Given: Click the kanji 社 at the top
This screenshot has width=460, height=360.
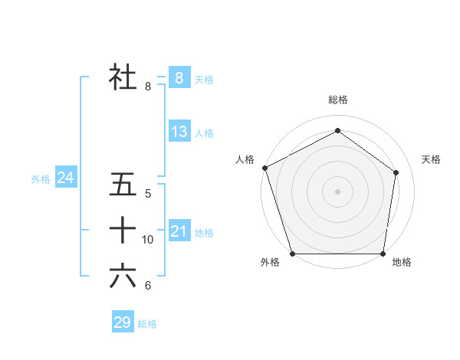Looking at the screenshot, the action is pyautogui.click(x=123, y=77).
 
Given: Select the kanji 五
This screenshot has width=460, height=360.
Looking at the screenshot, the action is pyautogui.click(x=123, y=185).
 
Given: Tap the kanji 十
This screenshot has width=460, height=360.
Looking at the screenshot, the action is pyautogui.click(x=123, y=231).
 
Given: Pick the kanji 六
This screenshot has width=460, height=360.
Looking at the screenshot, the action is pyautogui.click(x=123, y=277).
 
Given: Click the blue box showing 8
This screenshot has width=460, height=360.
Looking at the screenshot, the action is pyautogui.click(x=179, y=77).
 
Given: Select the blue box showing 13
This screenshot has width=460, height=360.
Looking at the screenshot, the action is pyautogui.click(x=179, y=131).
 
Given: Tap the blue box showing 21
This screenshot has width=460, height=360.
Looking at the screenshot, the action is pyautogui.click(x=179, y=231).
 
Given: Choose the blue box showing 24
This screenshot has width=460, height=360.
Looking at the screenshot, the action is pyautogui.click(x=65, y=178).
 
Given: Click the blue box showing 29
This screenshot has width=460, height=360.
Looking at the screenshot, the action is pyautogui.click(x=123, y=322).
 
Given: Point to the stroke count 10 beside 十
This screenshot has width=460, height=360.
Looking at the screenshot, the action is pyautogui.click(x=148, y=240).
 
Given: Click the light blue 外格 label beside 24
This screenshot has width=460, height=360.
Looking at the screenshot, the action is pyautogui.click(x=41, y=179).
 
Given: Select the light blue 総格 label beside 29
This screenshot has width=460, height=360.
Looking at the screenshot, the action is pyautogui.click(x=147, y=324).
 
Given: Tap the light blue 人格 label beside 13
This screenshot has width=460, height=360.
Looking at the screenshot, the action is pyautogui.click(x=204, y=133).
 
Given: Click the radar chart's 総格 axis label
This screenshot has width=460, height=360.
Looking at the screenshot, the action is pyautogui.click(x=338, y=100).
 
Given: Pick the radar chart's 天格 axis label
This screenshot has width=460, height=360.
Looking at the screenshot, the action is pyautogui.click(x=432, y=159).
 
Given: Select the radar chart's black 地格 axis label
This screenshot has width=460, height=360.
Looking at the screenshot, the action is pyautogui.click(x=402, y=263).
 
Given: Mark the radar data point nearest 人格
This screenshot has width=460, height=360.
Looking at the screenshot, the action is pyautogui.click(x=264, y=168).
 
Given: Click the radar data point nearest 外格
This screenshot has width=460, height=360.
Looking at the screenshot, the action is pyautogui.click(x=293, y=254).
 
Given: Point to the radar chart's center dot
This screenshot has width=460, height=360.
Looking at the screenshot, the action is pyautogui.click(x=337, y=191).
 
